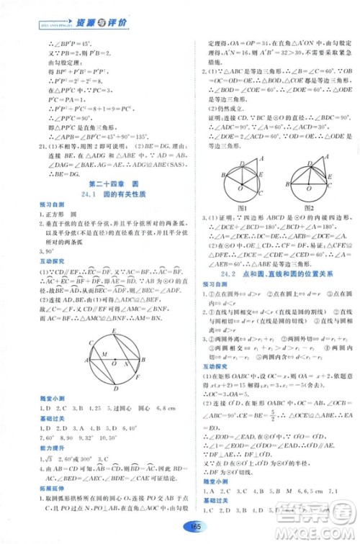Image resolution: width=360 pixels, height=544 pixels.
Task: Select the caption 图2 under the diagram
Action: (x=302, y=207)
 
